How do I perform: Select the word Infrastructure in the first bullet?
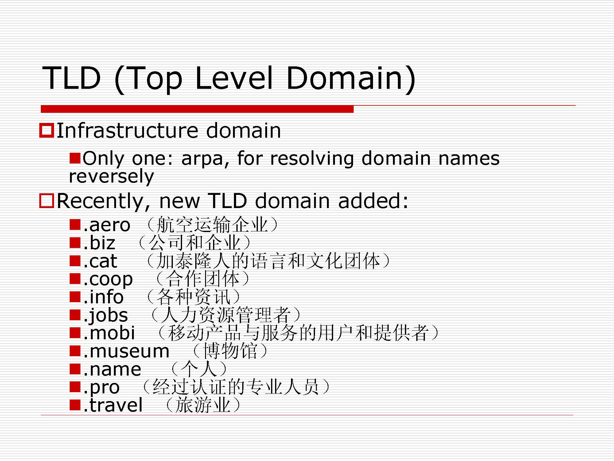coord(127,130)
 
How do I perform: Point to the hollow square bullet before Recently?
coord(47,201)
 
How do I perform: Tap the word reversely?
coord(111,176)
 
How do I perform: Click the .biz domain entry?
coord(99,243)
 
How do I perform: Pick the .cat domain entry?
coord(100,261)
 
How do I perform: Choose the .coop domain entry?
coord(108,280)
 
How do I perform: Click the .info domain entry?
coord(103,297)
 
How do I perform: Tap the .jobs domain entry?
coord(105,315)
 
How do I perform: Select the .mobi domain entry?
coord(109,333)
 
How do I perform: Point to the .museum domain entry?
coord(126,351)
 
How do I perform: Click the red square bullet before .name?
coord(75,369)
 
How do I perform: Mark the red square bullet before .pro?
coord(75,387)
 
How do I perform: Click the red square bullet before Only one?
coord(75,158)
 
